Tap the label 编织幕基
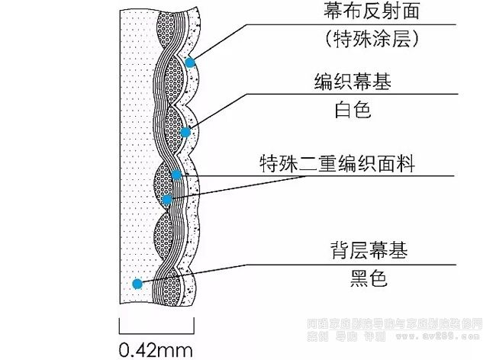[352, 82]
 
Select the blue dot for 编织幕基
[185, 132]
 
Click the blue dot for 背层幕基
[137, 284]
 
